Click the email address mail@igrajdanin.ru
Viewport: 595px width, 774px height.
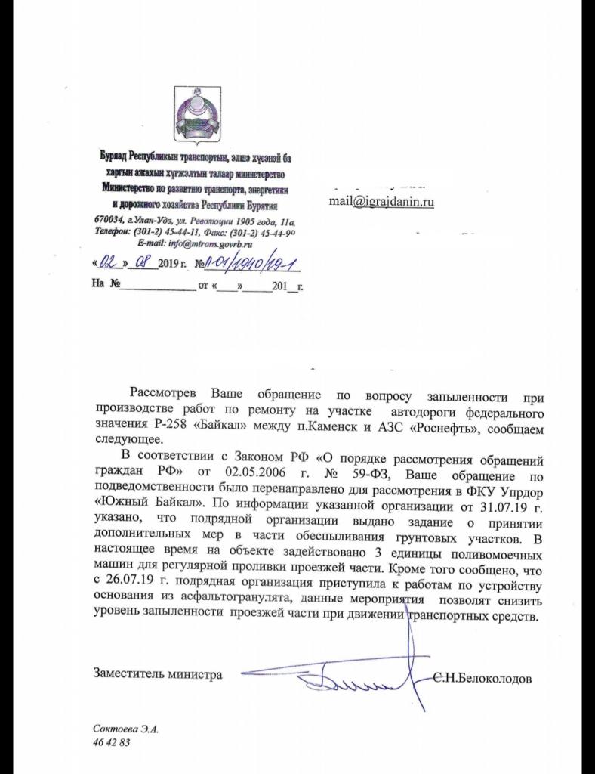(381, 201)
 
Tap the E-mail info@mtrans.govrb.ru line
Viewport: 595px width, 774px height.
(196, 244)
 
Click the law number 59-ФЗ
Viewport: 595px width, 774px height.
(365, 474)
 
